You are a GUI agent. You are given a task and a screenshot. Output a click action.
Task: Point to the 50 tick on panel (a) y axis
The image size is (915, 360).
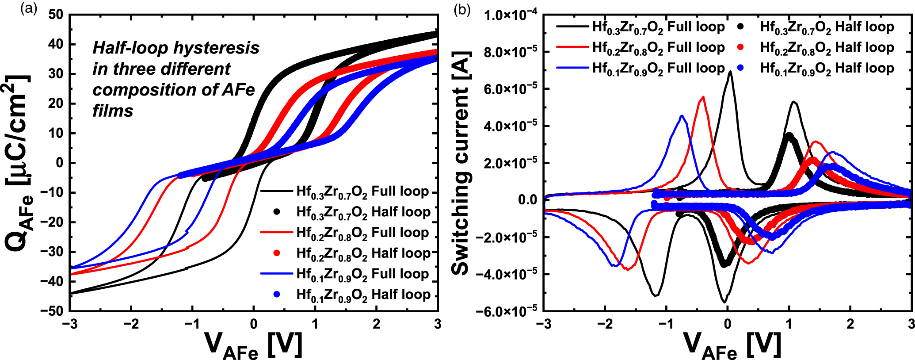tap(56, 15)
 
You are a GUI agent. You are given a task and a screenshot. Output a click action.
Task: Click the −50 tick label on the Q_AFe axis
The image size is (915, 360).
tap(52, 311)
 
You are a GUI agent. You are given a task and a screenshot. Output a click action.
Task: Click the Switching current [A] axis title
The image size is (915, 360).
tap(461, 163)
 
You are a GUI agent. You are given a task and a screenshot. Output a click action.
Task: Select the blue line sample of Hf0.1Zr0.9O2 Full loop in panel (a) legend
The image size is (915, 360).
tap(277, 274)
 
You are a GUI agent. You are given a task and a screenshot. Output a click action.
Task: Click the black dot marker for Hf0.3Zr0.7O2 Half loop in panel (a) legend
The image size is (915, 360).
tap(277, 212)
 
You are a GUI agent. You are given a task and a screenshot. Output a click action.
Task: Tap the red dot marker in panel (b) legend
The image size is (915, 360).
tap(741, 47)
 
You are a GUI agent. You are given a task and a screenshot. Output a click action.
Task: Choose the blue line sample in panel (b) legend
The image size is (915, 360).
tap(572, 68)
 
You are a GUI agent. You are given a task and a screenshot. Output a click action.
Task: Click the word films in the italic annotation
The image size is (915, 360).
tap(112, 111)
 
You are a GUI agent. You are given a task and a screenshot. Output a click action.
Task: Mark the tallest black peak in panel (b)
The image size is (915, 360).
tap(730, 72)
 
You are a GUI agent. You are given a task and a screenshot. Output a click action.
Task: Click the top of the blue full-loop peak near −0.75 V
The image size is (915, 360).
tap(682, 116)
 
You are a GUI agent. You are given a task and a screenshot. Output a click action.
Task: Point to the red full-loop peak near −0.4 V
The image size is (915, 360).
tap(703, 97)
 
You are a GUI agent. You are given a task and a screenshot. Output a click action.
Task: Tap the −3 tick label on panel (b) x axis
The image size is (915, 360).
tap(543, 324)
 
